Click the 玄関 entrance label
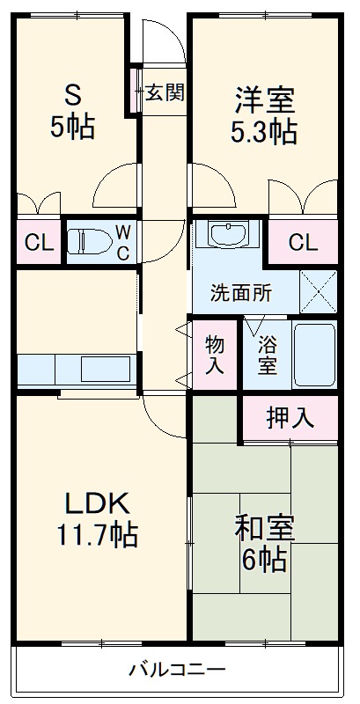164,92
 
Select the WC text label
122,241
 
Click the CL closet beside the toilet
36,242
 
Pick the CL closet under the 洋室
302,241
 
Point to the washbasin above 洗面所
229,235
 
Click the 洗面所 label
240,294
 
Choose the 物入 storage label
215,355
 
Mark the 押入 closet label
290,418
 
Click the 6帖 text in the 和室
264,559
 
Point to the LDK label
98,502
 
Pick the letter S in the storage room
71,95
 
